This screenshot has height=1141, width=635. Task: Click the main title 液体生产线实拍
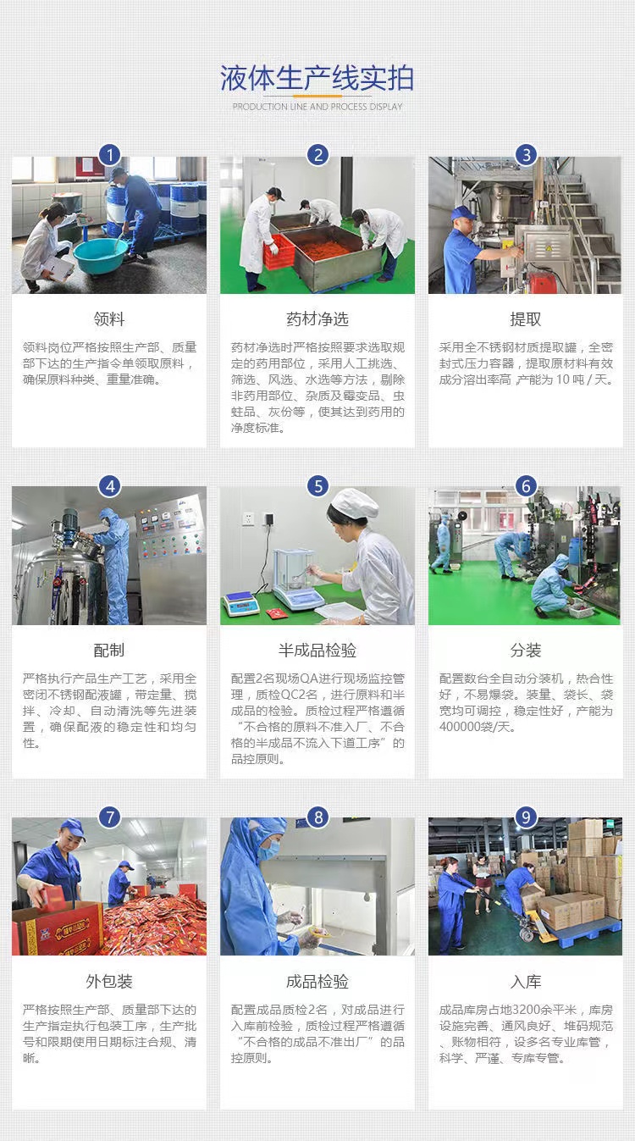tap(317, 78)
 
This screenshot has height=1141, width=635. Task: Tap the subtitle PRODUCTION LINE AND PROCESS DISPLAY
tap(317, 107)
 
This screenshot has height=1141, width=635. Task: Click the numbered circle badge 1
tap(109, 155)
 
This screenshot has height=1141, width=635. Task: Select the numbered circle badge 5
tap(317, 486)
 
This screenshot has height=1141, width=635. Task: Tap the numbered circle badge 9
tap(526, 817)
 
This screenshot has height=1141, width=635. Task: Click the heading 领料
tap(109, 319)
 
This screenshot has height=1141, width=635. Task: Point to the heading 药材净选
tap(317, 319)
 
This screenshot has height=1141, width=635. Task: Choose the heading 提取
tap(526, 319)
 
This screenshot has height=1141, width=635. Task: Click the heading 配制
tap(109, 651)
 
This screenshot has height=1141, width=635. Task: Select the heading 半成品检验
tap(317, 651)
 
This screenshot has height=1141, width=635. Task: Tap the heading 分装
tap(526, 651)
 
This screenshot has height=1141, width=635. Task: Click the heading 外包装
tap(109, 982)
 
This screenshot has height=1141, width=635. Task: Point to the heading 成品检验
tap(317, 982)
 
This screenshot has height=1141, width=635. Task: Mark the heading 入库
tap(526, 982)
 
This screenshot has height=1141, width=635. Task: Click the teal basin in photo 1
tap(101, 254)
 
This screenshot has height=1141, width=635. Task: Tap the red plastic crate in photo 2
tap(279, 252)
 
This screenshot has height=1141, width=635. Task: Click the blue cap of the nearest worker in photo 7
tap(73, 828)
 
